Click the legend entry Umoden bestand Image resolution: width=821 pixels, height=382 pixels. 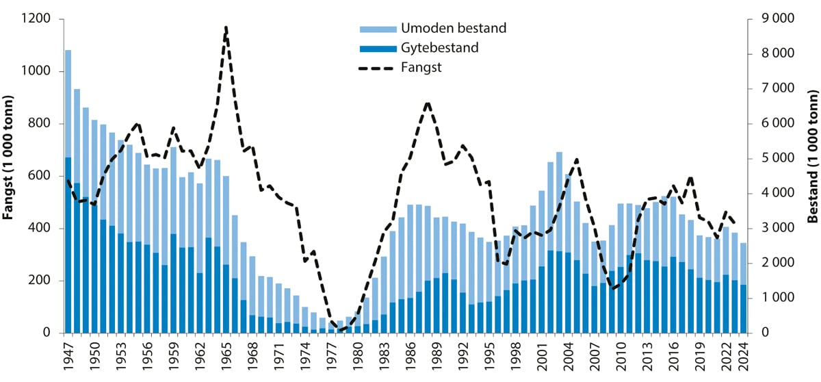point(453,28)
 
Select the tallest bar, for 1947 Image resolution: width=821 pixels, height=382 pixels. point(68,192)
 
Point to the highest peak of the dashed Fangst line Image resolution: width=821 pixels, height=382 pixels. point(226,27)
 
